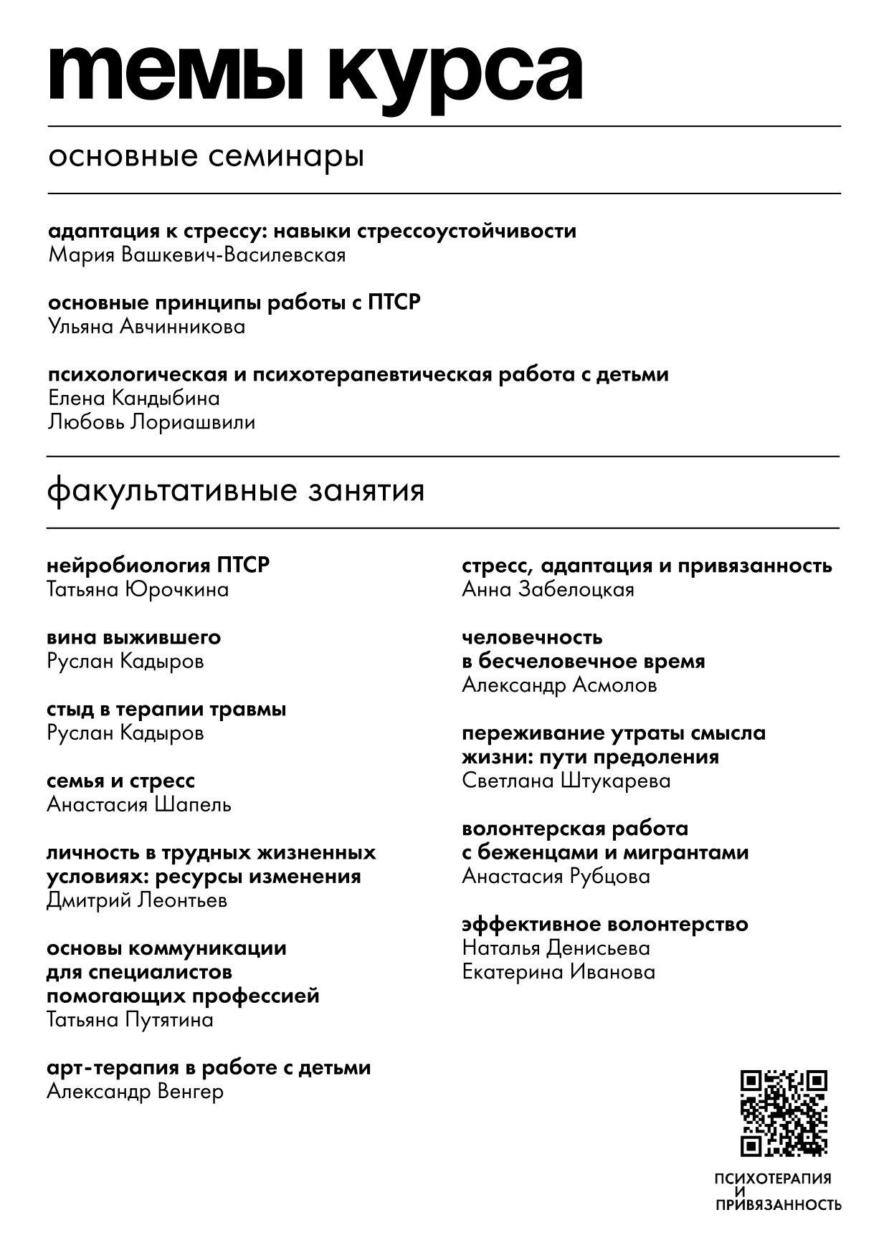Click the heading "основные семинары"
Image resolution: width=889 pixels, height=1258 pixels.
point(206,156)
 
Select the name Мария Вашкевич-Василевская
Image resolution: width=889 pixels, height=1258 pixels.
point(196,255)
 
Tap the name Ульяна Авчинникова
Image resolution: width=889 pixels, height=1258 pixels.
point(146,327)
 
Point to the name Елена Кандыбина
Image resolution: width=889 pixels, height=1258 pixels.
point(133,398)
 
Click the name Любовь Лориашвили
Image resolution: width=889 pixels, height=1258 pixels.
point(151,422)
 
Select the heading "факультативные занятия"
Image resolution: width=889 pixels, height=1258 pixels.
point(236,492)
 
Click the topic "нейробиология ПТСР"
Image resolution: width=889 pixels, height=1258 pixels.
point(158,566)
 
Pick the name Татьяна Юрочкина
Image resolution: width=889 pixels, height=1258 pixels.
point(138,590)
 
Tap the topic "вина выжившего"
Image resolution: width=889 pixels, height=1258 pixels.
point(133,637)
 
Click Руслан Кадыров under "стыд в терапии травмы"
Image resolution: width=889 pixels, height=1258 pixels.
point(125,733)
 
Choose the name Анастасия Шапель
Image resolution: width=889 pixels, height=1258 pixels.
point(139,805)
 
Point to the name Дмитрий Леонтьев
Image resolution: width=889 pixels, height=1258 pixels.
point(137,900)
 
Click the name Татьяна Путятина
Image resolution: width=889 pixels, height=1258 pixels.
point(130,1020)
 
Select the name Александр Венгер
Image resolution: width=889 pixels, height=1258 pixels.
point(135,1092)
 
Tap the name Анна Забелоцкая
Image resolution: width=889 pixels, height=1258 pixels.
point(548,590)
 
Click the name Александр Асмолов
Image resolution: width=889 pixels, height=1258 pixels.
point(559,685)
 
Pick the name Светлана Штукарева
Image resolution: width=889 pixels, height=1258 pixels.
point(566,781)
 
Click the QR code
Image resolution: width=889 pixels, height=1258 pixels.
point(784,1112)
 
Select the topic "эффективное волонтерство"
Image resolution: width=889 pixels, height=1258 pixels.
point(604,924)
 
